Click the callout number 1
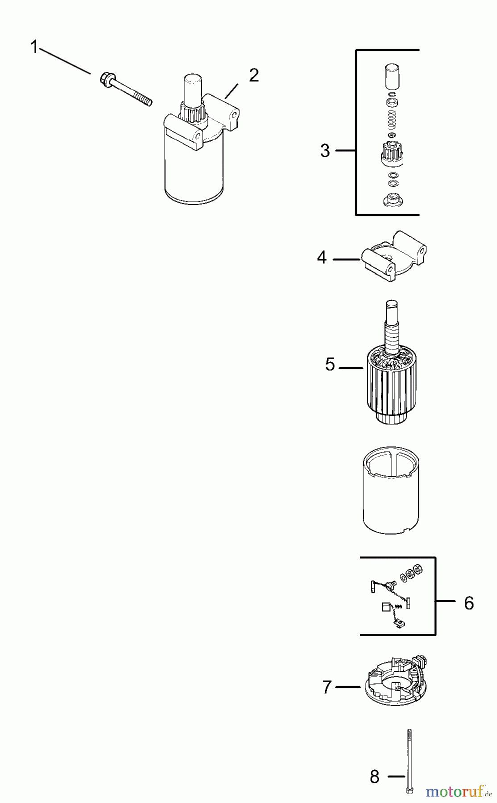tap(34, 47)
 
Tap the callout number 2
tap(253, 75)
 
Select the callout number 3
tap(325, 151)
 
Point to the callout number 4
tap(322, 258)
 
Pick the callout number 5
tap(330, 364)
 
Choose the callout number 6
tap(469, 603)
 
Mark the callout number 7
tap(327, 687)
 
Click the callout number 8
tap(375, 777)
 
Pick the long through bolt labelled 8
tap(409, 761)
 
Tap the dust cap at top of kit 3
tap(392, 77)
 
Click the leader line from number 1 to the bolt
tap(65, 61)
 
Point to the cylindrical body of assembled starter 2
tap(195, 167)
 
